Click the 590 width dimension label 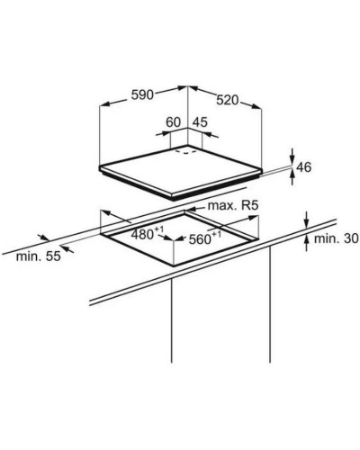tap(142, 94)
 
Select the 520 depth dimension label tap(228, 100)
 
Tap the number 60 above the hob tap(174, 122)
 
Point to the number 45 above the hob tap(200, 122)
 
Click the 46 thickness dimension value tap(303, 167)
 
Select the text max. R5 tap(233, 206)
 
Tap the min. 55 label tap(39, 256)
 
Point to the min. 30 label tap(336, 238)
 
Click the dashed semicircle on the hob tap(186, 152)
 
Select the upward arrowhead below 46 tap(292, 174)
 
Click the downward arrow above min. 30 tap(306, 220)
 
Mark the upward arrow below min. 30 tap(306, 243)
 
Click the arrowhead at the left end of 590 tap(104, 104)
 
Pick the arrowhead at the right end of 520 tap(256, 106)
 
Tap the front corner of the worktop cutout tap(174, 265)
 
